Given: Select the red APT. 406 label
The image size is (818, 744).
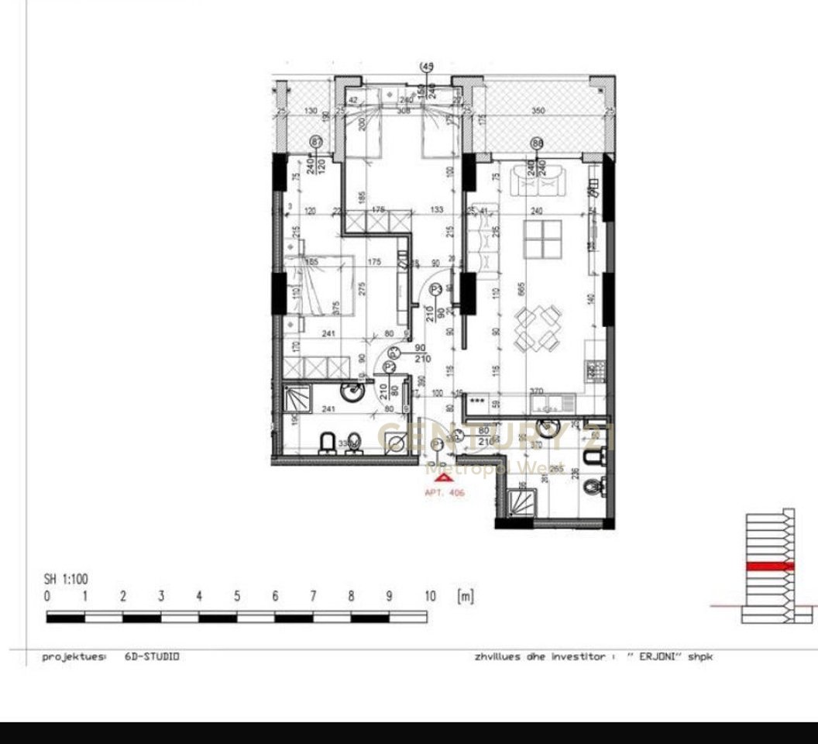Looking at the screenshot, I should (445, 493).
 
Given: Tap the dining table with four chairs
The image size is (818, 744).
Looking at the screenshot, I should (536, 327).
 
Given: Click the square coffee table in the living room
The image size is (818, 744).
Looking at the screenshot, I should (542, 239).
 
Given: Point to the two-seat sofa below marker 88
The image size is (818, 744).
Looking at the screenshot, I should (539, 184).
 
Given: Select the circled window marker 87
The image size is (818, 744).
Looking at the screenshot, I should (315, 142).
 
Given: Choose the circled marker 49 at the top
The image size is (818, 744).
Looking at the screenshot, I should (426, 67).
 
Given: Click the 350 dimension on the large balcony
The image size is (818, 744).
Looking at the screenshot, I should (538, 112).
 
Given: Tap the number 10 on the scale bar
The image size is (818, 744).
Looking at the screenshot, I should (430, 597).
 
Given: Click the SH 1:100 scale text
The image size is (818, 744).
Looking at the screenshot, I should (66, 579).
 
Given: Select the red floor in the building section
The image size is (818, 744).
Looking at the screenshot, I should (769, 567).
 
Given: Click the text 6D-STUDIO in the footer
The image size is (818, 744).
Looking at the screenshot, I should (152, 656).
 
